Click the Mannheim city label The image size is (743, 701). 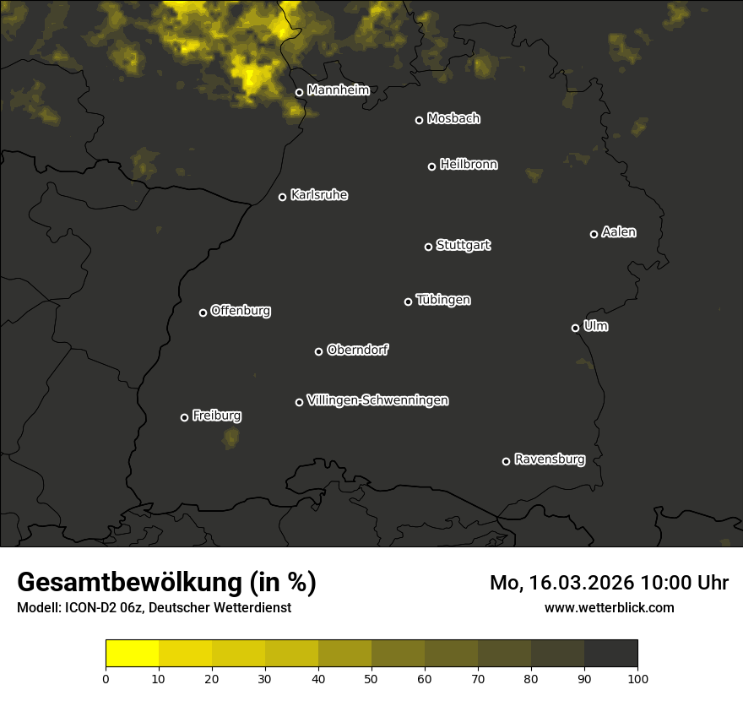click(339, 90)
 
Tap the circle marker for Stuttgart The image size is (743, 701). click(428, 247)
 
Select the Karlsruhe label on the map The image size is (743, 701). click(319, 195)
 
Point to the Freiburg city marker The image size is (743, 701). click(184, 417)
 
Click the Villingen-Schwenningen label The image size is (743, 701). click(377, 400)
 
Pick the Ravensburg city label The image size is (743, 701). click(550, 459)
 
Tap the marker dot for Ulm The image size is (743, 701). click(575, 328)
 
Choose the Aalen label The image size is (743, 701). click(619, 232)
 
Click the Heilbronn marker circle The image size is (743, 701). click(431, 166)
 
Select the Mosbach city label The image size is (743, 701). click(453, 118)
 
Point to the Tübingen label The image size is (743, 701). click(443, 300)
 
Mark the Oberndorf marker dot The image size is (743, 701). click(318, 351)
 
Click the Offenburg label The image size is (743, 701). click(241, 311)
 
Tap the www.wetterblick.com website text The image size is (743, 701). click(610, 607)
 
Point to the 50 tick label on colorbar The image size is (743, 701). click(371, 678)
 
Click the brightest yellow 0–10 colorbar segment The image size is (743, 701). click(133, 654)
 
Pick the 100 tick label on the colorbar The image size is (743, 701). click(637, 678)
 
